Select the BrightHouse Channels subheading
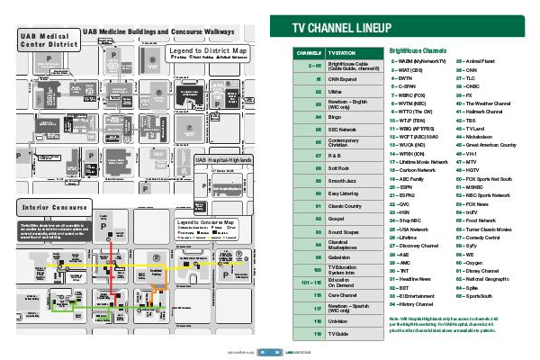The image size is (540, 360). tap(417, 49)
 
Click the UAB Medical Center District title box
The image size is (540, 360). tap(44, 37)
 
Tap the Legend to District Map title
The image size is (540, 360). tap(207, 52)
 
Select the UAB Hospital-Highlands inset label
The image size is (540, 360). tap(214, 158)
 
